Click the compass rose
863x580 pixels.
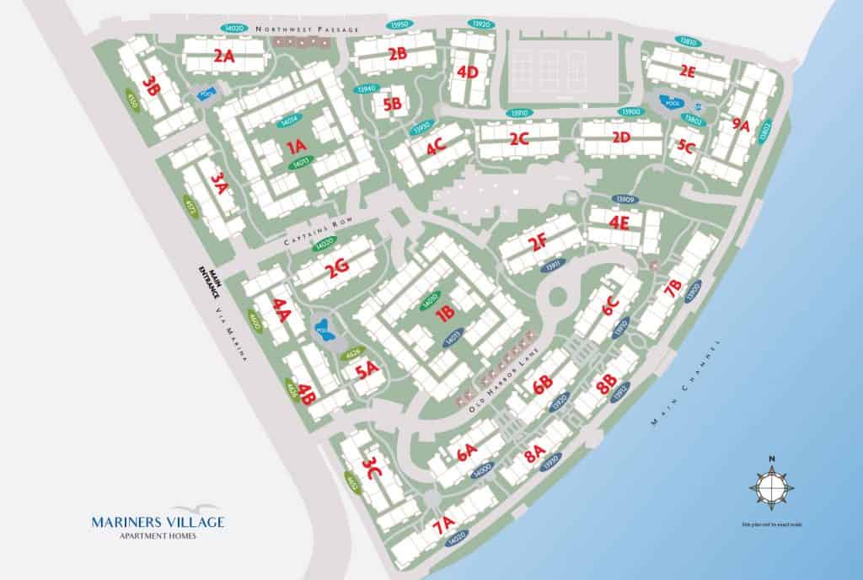[771, 488]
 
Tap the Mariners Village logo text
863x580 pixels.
[158, 523]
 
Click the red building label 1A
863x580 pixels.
[296, 147]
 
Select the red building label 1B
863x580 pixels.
[446, 314]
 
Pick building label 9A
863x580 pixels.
[741, 125]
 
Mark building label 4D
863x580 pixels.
[468, 72]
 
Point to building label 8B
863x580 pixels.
[606, 387]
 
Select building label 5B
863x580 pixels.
[392, 105]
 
